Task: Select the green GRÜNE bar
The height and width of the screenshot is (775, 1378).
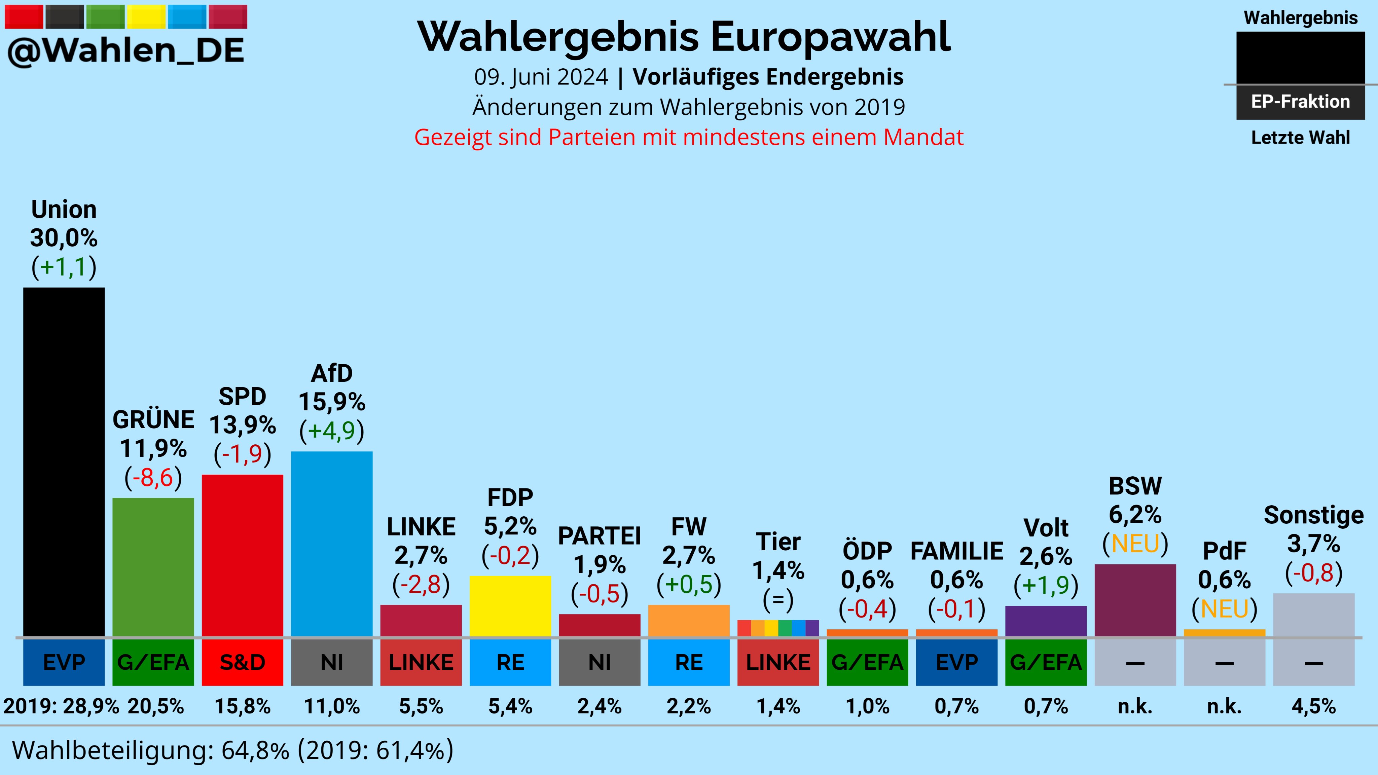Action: pos(153,567)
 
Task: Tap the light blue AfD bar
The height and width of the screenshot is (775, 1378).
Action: pos(332,544)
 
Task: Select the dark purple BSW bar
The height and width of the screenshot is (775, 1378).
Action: pos(1135,600)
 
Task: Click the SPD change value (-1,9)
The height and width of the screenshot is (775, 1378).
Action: pos(242,453)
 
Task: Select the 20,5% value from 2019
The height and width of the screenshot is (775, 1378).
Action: pos(156,706)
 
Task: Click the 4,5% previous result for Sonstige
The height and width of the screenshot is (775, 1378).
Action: pos(1313,706)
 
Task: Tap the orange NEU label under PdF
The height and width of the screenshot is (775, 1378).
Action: pos(1225,608)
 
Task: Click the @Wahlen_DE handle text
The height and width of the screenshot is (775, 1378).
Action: pos(126,51)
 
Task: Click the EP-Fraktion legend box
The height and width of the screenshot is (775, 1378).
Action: pos(1300,102)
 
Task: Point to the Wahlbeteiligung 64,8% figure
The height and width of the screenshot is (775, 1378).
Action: pos(255,750)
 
